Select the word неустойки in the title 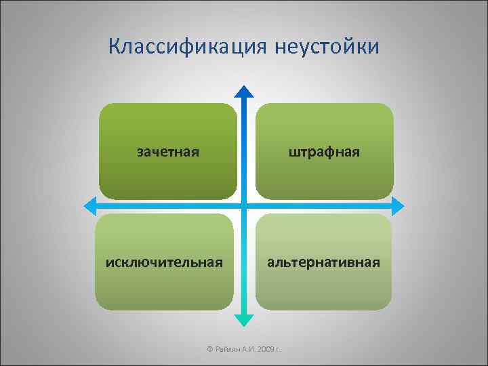(x=328, y=47)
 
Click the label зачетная (x=168, y=152)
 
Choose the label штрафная (x=324, y=152)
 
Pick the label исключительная (x=164, y=262)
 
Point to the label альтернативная (x=323, y=262)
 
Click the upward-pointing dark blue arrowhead (x=245, y=91)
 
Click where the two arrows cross (x=245, y=205)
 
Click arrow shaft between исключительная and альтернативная (x=245, y=262)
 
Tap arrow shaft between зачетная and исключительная (x=167, y=205)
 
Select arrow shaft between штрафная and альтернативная (x=324, y=205)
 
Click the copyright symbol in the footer (x=209, y=349)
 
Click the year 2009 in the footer (x=266, y=349)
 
